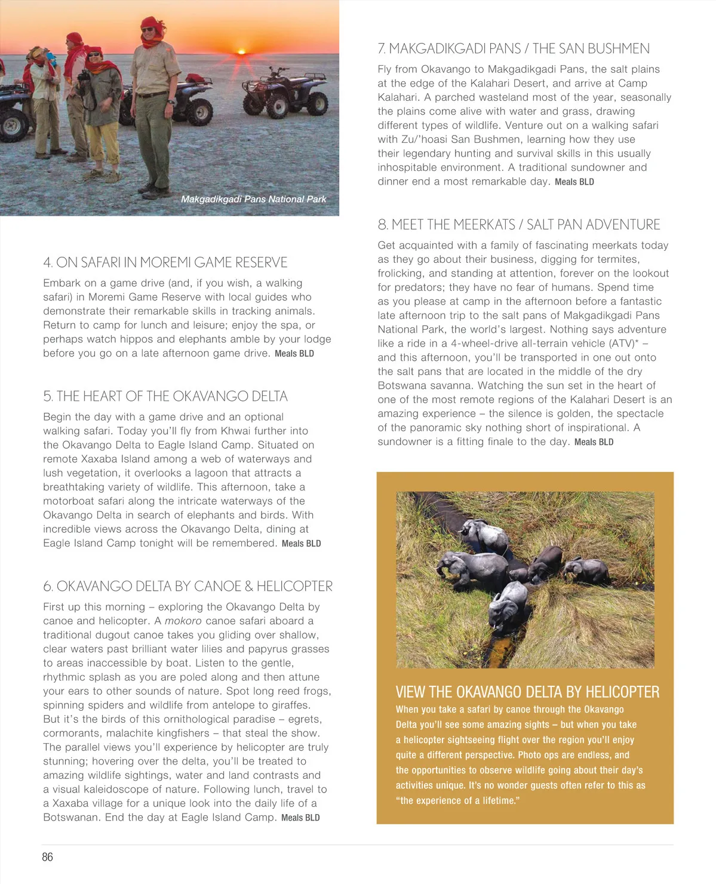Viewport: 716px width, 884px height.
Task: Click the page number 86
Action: click(x=48, y=857)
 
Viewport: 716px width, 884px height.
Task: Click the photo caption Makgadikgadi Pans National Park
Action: click(x=253, y=199)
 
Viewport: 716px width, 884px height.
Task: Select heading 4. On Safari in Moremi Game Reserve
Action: click(x=165, y=262)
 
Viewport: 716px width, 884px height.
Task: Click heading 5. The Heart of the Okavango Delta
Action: click(x=165, y=396)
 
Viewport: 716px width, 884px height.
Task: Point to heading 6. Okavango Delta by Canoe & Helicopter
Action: click(x=188, y=586)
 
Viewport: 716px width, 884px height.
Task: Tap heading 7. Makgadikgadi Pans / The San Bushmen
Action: click(x=514, y=48)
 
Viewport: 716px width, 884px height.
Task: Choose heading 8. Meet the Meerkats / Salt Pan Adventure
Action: click(x=518, y=225)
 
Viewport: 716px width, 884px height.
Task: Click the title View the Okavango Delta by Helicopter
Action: click(x=527, y=692)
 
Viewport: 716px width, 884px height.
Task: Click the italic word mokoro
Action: click(x=183, y=621)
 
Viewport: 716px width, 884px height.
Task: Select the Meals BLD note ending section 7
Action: click(x=574, y=182)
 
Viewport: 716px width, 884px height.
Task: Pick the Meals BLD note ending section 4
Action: click(x=294, y=354)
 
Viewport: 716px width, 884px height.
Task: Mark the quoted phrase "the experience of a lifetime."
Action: click(x=457, y=800)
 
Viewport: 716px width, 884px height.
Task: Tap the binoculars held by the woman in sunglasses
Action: click(x=84, y=76)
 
